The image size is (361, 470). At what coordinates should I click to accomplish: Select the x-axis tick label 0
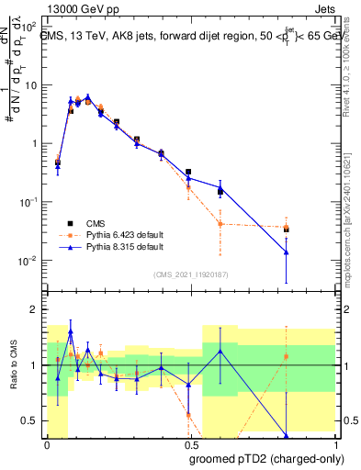tap(47, 443)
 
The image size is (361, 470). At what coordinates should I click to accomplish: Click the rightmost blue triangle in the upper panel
tap(287, 252)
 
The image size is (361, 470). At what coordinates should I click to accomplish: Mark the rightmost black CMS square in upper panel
tap(287, 229)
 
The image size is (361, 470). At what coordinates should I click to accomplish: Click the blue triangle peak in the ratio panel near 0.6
tap(220, 351)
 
